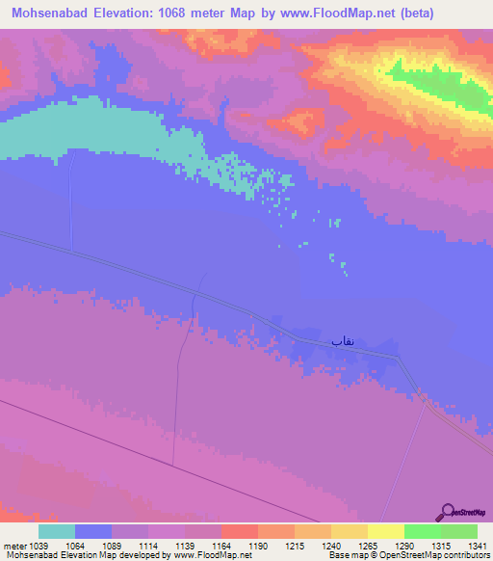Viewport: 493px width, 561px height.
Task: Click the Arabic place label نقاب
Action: coord(343,340)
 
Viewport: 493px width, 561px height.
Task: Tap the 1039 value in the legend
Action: coord(38,546)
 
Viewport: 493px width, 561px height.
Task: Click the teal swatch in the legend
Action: coord(57,531)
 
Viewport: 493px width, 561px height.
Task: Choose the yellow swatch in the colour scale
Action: coord(385,531)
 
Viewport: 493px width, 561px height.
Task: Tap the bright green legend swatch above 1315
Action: coord(422,531)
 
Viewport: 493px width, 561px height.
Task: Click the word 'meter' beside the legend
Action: coord(13,546)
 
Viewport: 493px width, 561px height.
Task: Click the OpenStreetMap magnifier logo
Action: coord(447,513)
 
